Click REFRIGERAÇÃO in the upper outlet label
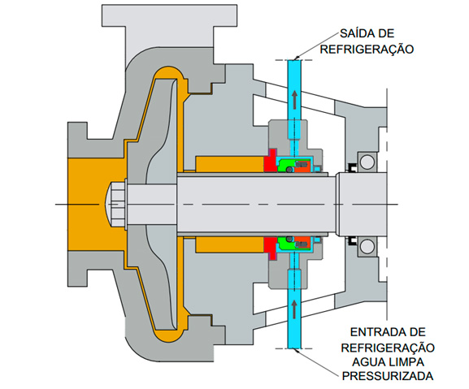point(367,49)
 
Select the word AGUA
point(367,362)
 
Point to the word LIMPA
point(406,362)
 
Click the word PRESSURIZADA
point(388,376)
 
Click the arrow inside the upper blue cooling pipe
point(295,100)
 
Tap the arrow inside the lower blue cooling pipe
point(295,309)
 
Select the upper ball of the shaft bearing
point(367,162)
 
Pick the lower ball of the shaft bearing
point(367,247)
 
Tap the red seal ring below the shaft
point(271,248)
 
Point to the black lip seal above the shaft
point(352,168)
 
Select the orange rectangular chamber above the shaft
point(230,164)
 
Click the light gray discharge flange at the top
point(169,15)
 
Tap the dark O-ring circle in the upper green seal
point(289,170)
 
